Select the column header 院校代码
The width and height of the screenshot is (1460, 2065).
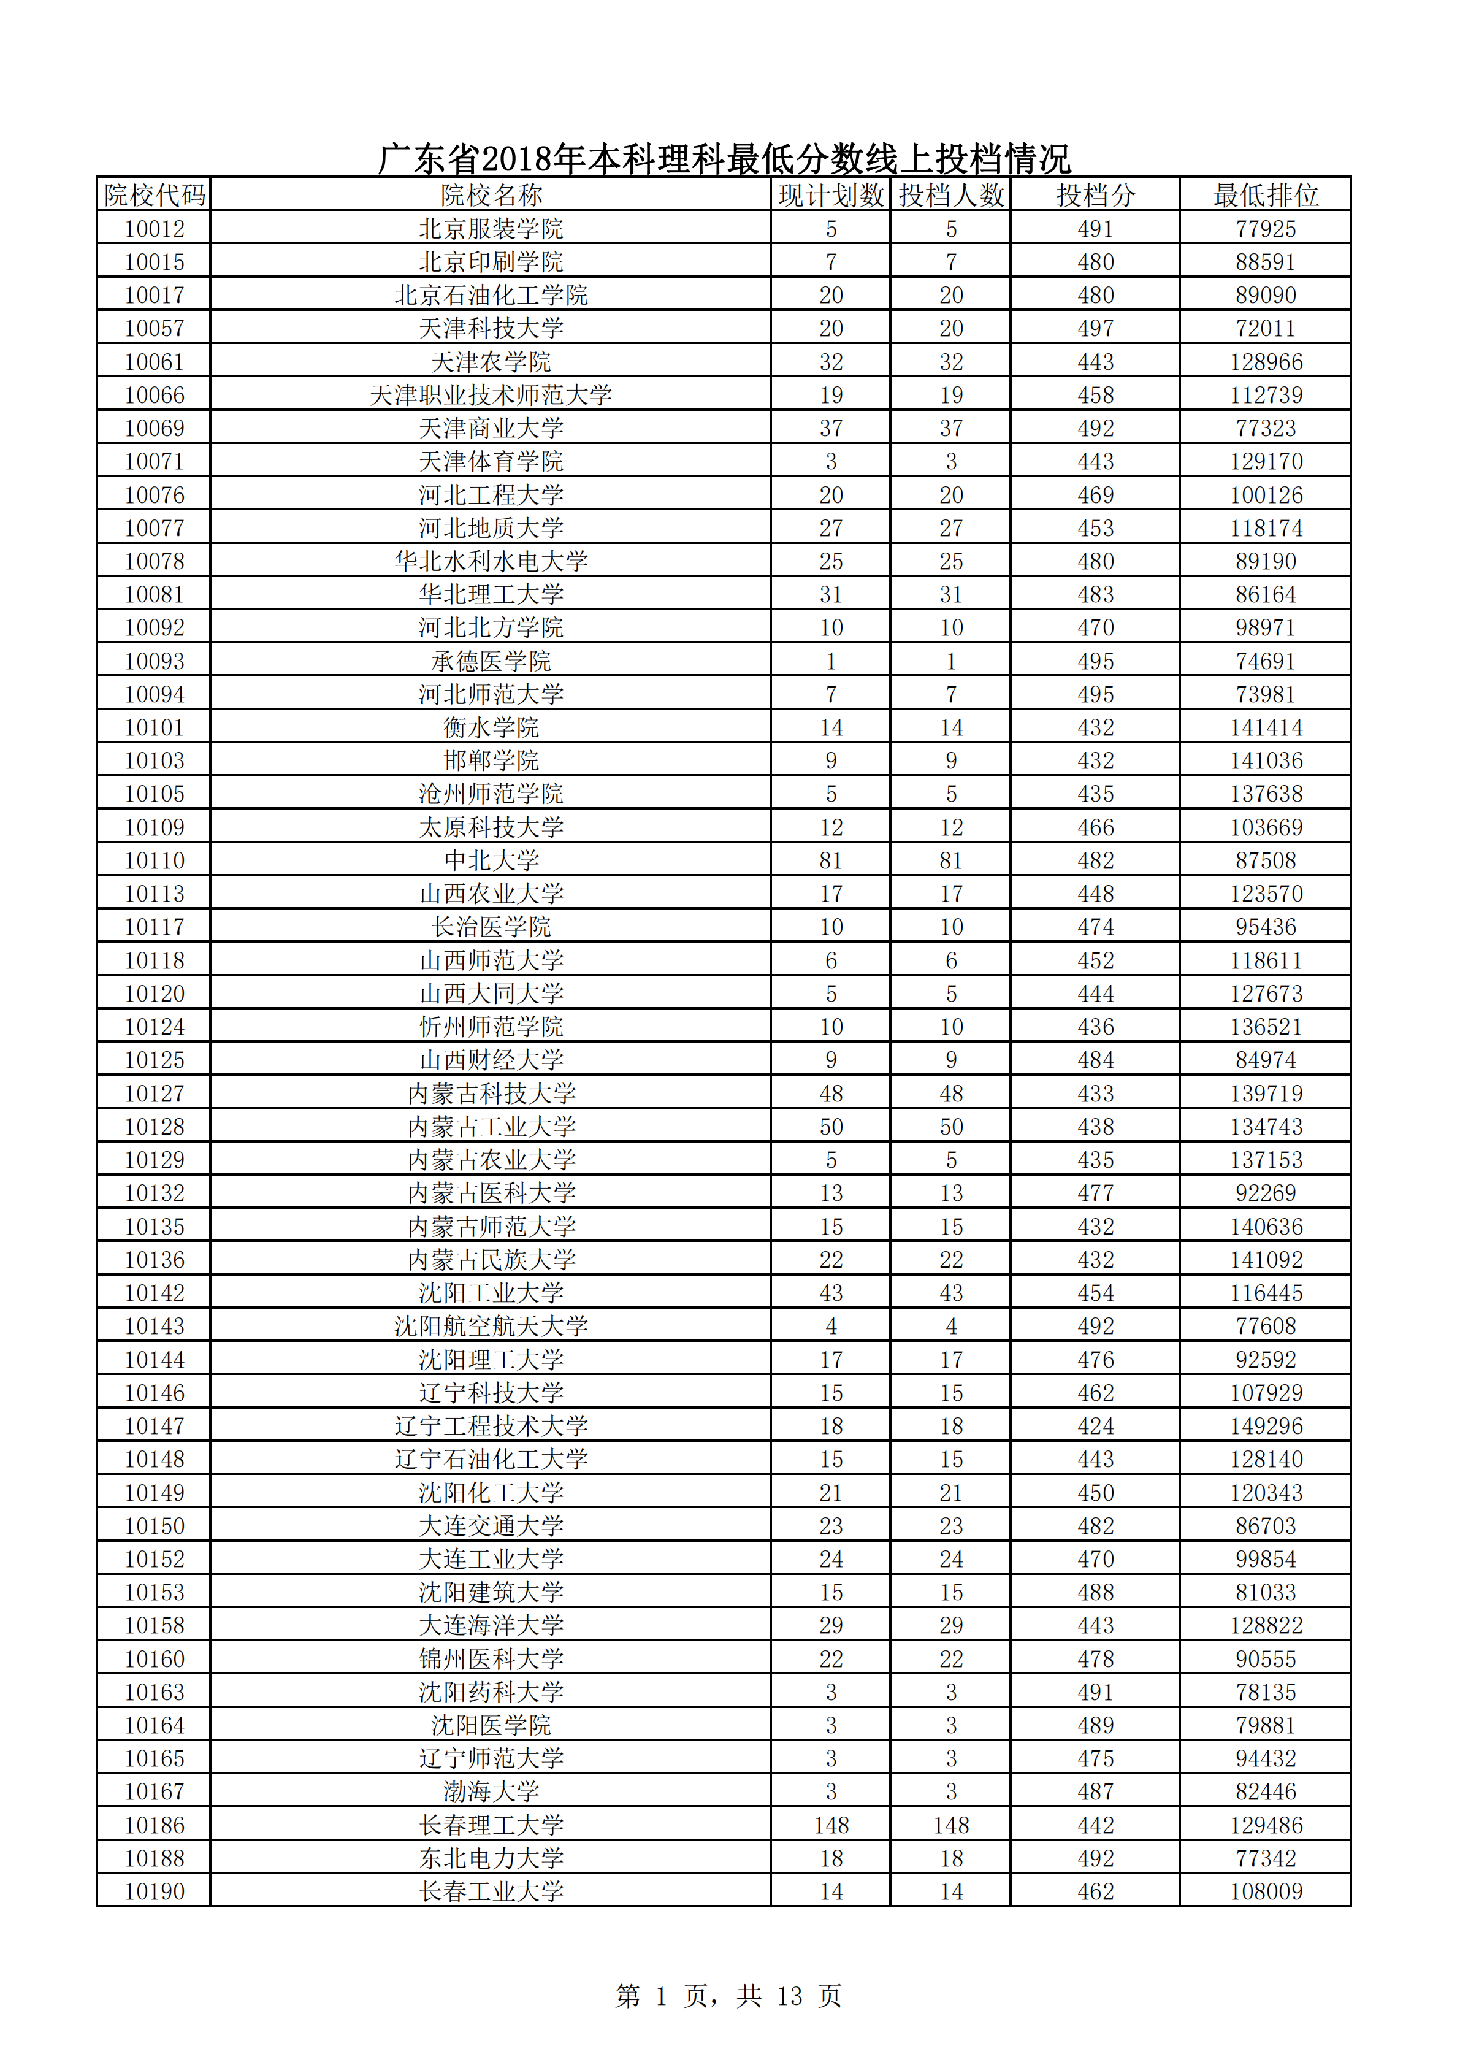[x=154, y=195]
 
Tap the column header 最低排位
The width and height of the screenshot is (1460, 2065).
[x=1265, y=195]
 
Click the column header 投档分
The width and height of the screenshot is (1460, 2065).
[x=1095, y=195]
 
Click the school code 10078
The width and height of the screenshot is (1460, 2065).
[x=154, y=561]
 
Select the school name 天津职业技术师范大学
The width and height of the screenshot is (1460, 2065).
[x=491, y=395]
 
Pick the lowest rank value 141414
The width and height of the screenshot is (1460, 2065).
[x=1266, y=727]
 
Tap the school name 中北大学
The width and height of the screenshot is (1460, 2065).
[x=491, y=860]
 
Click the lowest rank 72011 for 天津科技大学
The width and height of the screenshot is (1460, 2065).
[x=1266, y=328]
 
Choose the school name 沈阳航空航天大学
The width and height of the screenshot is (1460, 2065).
[x=491, y=1326]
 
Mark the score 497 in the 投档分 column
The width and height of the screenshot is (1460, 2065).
[x=1095, y=328]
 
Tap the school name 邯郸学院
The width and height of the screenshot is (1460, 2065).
[x=491, y=761]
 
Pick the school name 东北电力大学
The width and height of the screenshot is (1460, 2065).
[x=491, y=1858]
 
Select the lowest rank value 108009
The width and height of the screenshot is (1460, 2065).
[x=1266, y=1891]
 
